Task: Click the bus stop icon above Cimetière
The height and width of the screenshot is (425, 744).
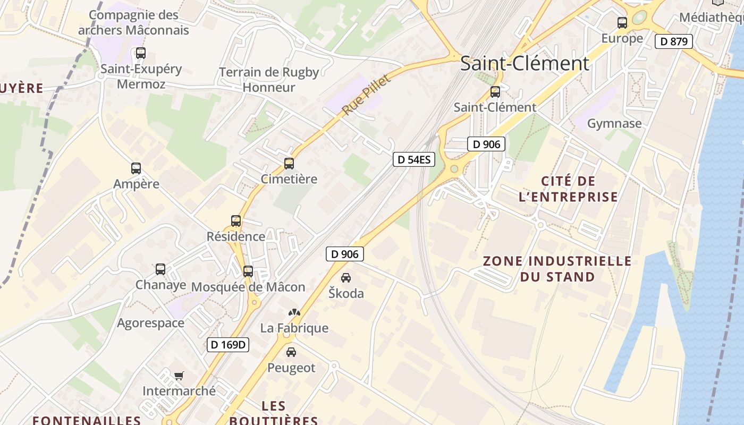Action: click(x=289, y=164)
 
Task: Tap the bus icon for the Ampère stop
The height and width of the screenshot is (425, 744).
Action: click(x=136, y=168)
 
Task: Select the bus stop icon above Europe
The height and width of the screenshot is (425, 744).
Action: click(x=622, y=23)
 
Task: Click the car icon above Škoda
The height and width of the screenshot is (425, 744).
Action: click(x=346, y=278)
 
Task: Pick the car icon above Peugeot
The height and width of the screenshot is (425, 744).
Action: click(x=291, y=352)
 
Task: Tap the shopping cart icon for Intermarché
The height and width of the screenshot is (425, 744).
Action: click(x=179, y=376)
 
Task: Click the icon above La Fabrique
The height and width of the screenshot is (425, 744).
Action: click(x=294, y=312)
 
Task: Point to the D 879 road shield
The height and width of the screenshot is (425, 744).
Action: click(x=674, y=41)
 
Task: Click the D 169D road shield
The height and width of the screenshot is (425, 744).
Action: click(x=228, y=345)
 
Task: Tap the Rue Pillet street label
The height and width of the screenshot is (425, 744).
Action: click(x=366, y=95)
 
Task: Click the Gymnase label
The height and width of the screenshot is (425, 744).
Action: click(x=614, y=124)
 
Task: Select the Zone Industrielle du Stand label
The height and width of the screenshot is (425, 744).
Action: click(x=557, y=269)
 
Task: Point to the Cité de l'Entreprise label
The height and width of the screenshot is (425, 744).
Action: click(x=568, y=189)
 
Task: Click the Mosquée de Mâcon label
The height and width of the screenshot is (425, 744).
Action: click(x=248, y=287)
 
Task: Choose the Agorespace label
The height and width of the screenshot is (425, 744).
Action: click(x=150, y=323)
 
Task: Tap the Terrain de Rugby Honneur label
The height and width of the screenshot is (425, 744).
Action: click(x=269, y=80)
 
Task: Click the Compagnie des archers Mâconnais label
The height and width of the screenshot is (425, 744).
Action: click(x=133, y=22)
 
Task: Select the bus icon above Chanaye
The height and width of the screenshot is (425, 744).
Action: click(x=160, y=269)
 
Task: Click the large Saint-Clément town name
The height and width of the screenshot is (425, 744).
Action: click(x=525, y=63)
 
